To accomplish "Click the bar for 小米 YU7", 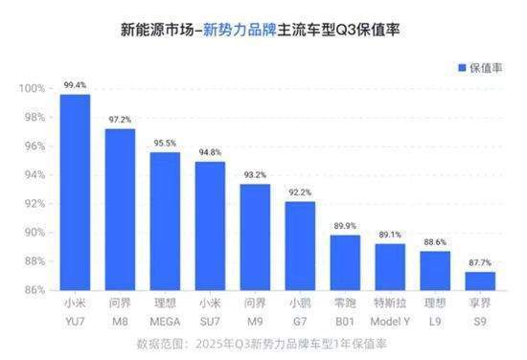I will (x=75, y=191).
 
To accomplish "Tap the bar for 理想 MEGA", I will (x=165, y=220).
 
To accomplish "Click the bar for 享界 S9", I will (x=479, y=280).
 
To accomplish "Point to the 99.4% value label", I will (x=75, y=85).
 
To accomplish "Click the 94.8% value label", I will (x=210, y=151).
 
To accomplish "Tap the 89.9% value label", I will (x=345, y=226).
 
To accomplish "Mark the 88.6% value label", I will (x=434, y=243).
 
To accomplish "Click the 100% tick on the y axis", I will (x=33, y=88).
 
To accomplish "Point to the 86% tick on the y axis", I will (x=34, y=289).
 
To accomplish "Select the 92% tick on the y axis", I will (x=34, y=203).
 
